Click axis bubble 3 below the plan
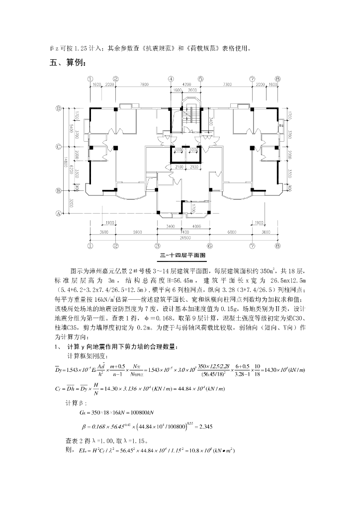(x=158, y=246)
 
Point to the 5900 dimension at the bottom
(x=136, y=232)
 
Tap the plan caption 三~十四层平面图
(x=182, y=255)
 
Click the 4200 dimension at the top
(x=186, y=85)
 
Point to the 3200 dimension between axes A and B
(x=72, y=202)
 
